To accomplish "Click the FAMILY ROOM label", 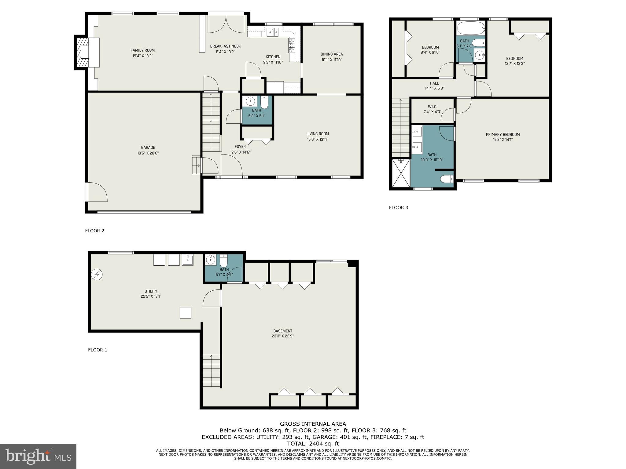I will pyautogui.click(x=142, y=50).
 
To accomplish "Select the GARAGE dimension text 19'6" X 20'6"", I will pyautogui.click(x=148, y=153).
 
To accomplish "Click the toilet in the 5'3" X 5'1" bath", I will pyautogui.click(x=264, y=102).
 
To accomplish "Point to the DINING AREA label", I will pyautogui.click(x=332, y=54).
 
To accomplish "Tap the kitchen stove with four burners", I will pyautogui.click(x=291, y=44).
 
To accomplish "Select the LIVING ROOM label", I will pyautogui.click(x=318, y=134).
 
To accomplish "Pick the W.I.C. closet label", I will pyautogui.click(x=433, y=107).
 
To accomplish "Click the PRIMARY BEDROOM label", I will pyautogui.click(x=503, y=134).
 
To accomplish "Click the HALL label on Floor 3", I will pyautogui.click(x=434, y=83).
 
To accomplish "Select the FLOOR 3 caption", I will pyautogui.click(x=398, y=208).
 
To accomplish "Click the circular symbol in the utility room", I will pyautogui.click(x=97, y=275).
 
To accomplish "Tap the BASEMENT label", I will pyautogui.click(x=283, y=331).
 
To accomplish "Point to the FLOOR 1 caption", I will pyautogui.click(x=98, y=350).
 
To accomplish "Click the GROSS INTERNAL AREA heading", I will pyautogui.click(x=313, y=424).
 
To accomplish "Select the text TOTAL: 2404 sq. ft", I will pyautogui.click(x=313, y=444).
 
